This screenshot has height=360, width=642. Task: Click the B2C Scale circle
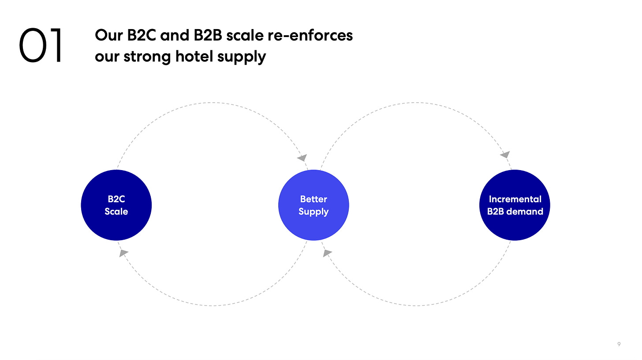(x=116, y=205)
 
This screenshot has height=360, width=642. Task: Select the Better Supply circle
(x=314, y=205)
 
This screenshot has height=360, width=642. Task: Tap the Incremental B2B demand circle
(x=515, y=205)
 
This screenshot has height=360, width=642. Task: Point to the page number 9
(x=620, y=345)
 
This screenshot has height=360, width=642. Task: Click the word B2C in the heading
(x=142, y=35)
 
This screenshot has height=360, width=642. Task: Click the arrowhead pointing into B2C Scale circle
(x=123, y=253)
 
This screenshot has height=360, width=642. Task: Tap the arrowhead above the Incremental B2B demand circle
(x=505, y=155)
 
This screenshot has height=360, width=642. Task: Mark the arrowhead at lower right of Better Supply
(x=327, y=253)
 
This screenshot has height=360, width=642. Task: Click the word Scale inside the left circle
(x=116, y=212)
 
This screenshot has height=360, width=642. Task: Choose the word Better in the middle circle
(x=314, y=199)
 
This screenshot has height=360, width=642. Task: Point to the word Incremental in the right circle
(x=515, y=199)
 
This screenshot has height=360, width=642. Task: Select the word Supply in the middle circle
(x=314, y=212)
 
